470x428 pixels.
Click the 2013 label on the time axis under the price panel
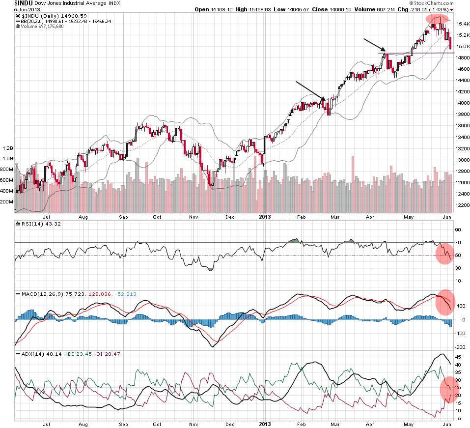tap(265, 216)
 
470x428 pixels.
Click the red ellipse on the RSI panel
tap(444, 254)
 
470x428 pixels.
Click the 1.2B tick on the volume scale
tap(7, 148)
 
